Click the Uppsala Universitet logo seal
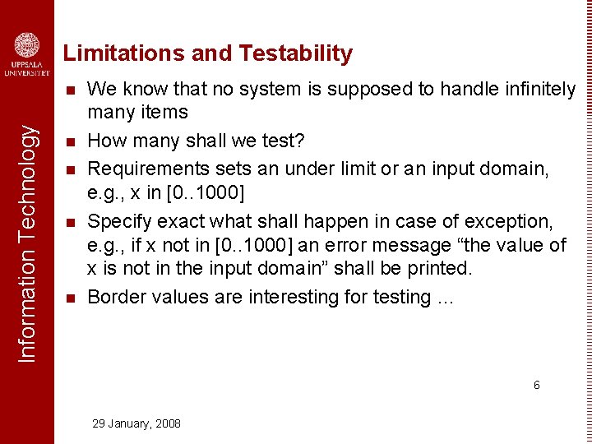[x=26, y=45]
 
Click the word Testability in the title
[x=296, y=54]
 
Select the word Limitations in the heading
[x=123, y=54]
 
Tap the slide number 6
[x=537, y=385]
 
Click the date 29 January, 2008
[x=136, y=423]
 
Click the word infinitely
[x=532, y=89]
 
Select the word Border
[x=114, y=297]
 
